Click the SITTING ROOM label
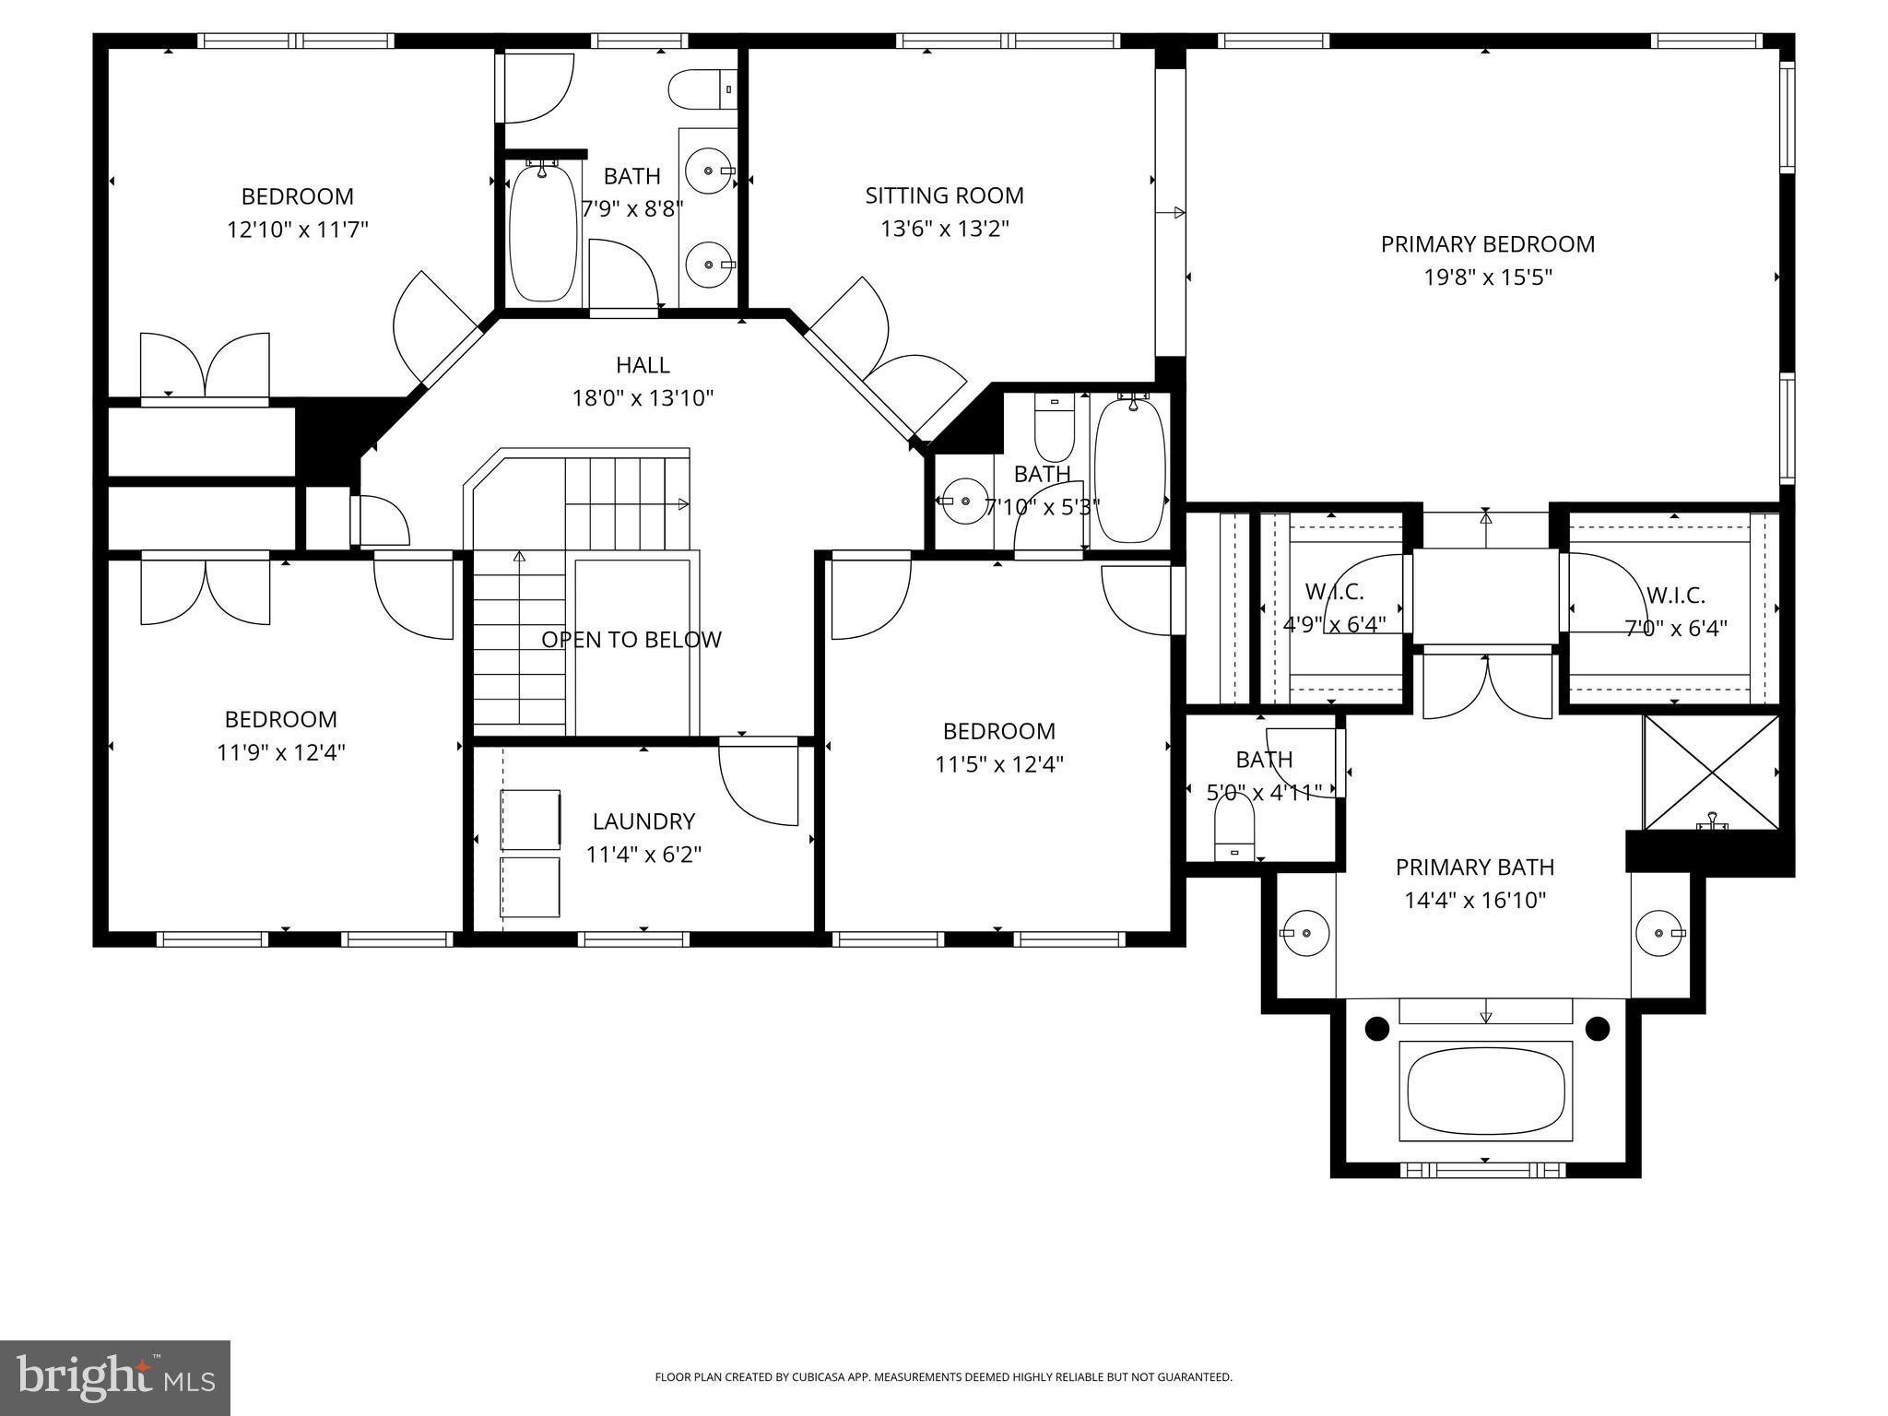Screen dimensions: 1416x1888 click(944, 195)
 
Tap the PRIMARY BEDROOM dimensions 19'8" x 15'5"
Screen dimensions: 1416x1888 click(1488, 277)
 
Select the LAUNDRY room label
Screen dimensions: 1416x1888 click(643, 821)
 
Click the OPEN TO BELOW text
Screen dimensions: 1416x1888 click(631, 640)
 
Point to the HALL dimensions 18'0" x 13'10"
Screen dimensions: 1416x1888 click(643, 398)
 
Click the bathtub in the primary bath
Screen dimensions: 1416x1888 click(1485, 1091)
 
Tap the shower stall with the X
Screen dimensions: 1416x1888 click(1711, 773)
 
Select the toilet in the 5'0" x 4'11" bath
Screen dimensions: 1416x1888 click(1233, 824)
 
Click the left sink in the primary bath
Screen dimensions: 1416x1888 click(1305, 933)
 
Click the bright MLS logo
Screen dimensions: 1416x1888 click(115, 1378)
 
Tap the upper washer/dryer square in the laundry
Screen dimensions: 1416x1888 click(530, 820)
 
